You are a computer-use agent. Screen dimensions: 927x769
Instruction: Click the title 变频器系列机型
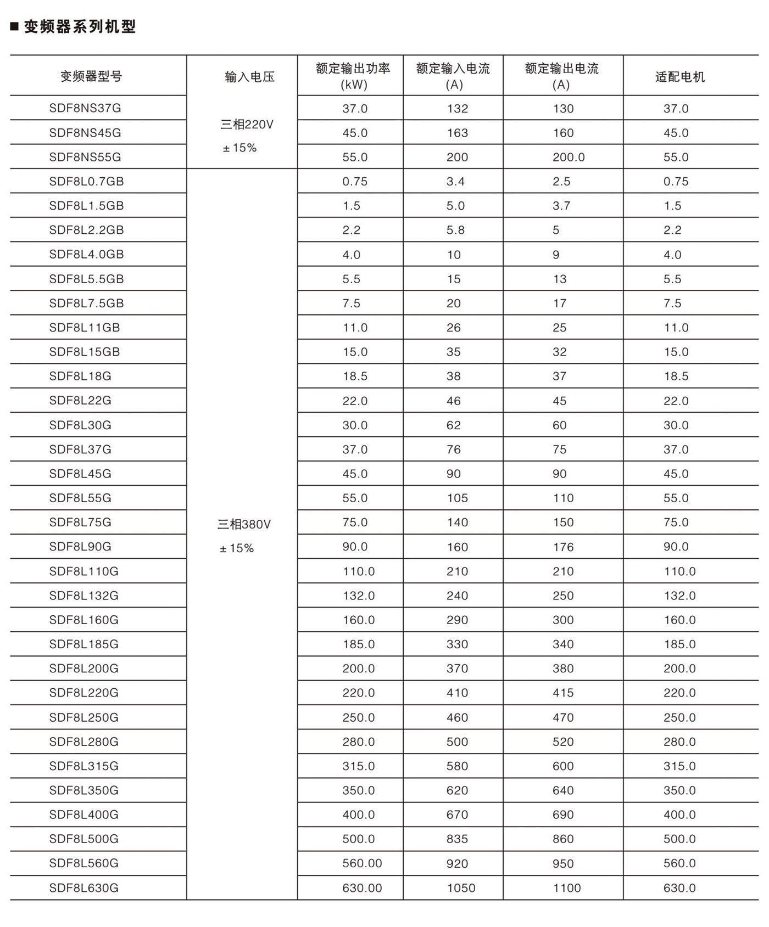[80, 26]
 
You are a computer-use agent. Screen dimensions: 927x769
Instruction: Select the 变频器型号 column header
[91, 76]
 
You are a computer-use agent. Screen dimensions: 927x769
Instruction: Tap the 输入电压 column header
[250, 77]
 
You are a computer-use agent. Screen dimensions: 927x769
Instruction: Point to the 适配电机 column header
[679, 77]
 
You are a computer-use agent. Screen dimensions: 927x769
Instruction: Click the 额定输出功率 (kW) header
[353, 76]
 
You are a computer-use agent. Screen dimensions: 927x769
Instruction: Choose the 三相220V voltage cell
[247, 125]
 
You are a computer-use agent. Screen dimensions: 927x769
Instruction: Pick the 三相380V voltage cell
[244, 525]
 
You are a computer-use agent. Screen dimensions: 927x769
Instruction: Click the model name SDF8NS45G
[85, 133]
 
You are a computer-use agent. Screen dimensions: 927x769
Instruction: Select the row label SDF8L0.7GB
[86, 181]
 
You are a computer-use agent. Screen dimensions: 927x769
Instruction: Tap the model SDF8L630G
[83, 887]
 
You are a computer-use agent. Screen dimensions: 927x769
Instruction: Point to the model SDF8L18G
[80, 376]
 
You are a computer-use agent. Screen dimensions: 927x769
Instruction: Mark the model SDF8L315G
[83, 766]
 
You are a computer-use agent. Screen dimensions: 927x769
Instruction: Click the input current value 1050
[461, 888]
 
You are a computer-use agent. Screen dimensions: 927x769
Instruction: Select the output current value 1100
[567, 888]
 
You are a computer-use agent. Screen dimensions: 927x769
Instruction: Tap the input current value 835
[457, 839]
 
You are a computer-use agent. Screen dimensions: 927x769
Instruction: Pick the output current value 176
[563, 547]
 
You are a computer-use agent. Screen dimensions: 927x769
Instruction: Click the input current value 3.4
[455, 182]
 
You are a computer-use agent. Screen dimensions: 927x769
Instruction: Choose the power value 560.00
[362, 863]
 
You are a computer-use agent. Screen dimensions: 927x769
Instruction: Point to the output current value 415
[563, 693]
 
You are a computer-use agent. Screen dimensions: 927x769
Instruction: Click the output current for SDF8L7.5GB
[560, 304]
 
